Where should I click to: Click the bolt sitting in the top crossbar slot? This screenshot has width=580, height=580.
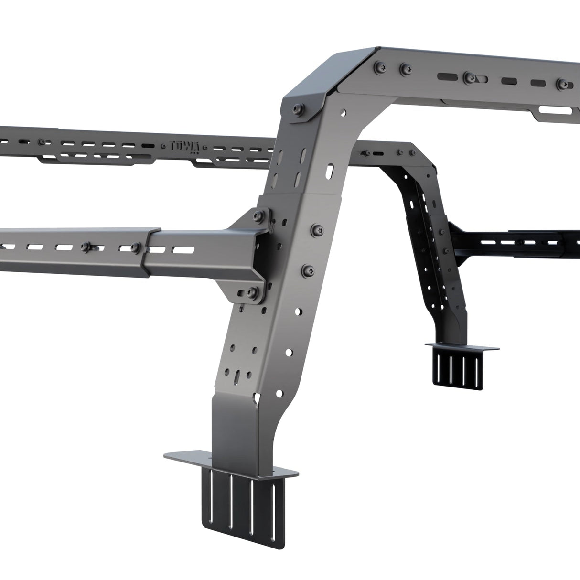469,76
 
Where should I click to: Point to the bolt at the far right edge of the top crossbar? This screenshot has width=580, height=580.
560,84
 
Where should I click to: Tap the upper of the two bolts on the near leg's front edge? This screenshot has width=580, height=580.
318,229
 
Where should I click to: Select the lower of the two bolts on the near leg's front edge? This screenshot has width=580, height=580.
306,270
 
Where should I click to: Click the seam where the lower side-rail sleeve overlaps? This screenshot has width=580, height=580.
146,253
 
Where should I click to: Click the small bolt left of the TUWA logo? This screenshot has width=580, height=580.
44,142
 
